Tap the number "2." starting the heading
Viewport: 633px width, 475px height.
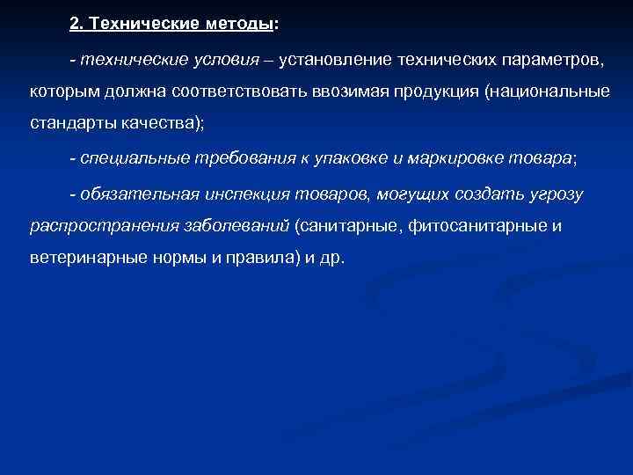click(78, 25)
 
